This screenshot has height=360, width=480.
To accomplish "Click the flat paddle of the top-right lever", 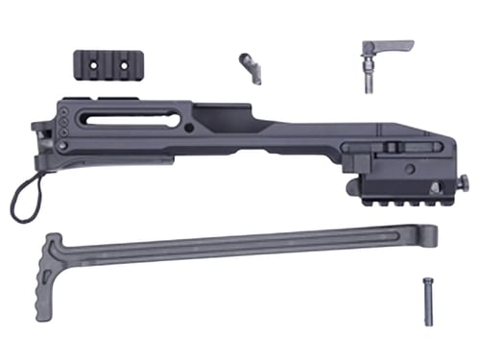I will pos(394,45).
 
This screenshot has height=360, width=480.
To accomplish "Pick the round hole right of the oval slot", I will pos(191,126).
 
